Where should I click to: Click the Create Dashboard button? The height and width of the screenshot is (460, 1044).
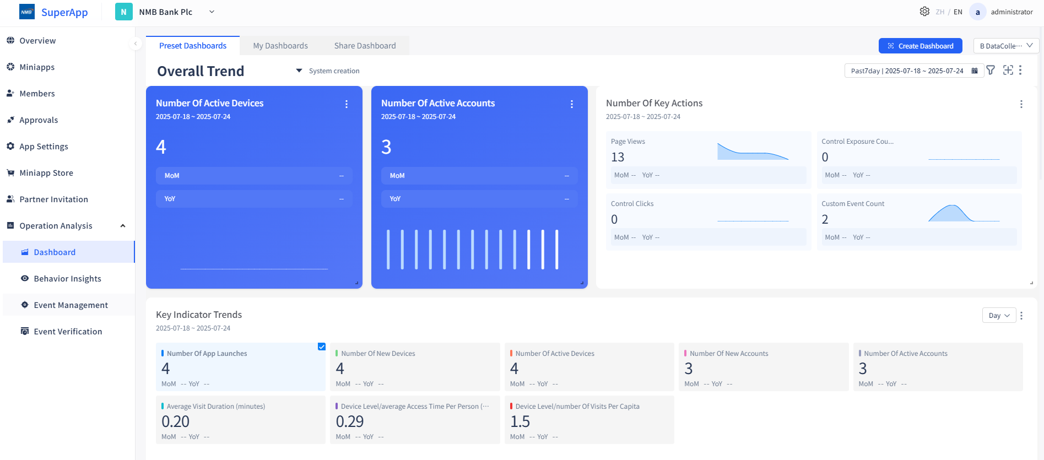(920, 46)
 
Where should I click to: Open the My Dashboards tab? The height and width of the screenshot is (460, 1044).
(280, 46)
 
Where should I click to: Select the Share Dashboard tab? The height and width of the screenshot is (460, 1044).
(365, 46)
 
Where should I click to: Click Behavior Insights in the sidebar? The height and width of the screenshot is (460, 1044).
(67, 279)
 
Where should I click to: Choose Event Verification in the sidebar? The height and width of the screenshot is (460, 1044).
(68, 332)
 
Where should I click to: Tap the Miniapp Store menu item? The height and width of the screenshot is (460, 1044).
(46, 173)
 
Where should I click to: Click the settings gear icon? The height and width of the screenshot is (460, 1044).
(924, 12)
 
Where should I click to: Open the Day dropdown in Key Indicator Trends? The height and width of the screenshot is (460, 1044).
(999, 316)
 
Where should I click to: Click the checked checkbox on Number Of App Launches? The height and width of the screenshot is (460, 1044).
(322, 347)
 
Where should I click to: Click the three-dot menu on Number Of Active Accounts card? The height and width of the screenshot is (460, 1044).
(572, 104)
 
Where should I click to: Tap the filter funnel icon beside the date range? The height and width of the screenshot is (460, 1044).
(991, 71)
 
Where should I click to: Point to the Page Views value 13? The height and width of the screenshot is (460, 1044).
(618, 158)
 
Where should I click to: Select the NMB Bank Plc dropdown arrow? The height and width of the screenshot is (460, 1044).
(212, 12)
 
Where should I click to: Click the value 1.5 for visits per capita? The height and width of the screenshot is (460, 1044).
(520, 422)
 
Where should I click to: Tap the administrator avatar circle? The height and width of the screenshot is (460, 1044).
(977, 12)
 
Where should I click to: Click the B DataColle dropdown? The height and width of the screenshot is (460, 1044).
(1006, 46)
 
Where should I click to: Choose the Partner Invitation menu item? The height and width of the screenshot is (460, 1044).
(53, 199)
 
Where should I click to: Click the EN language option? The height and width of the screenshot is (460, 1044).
(958, 12)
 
